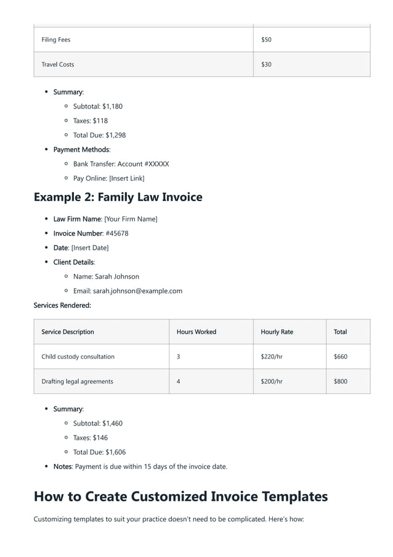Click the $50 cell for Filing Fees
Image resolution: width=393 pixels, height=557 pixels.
pyautogui.click(x=266, y=39)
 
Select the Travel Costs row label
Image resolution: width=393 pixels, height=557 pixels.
pyautogui.click(x=57, y=64)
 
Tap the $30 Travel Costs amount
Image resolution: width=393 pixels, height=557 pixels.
pyautogui.click(x=266, y=64)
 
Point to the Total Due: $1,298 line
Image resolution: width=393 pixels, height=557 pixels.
pyautogui.click(x=99, y=135)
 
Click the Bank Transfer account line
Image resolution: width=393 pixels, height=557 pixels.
pyautogui.click(x=121, y=164)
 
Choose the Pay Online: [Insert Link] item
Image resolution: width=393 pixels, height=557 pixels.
pyautogui.click(x=108, y=178)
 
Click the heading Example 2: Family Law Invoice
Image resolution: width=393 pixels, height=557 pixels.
pyautogui.click(x=118, y=197)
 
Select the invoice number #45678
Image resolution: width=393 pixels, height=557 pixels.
pyautogui.click(x=117, y=233)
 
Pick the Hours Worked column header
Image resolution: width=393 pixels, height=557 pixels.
pyautogui.click(x=197, y=332)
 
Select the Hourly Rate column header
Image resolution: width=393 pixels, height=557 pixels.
pyautogui.click(x=277, y=332)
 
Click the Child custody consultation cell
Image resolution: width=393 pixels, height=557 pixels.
pyautogui.click(x=78, y=357)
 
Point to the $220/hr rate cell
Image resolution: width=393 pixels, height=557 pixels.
pyautogui.click(x=272, y=357)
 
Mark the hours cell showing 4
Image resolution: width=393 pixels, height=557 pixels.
pyautogui.click(x=179, y=381)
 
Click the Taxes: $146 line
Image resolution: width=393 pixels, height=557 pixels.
pyautogui.click(x=91, y=437)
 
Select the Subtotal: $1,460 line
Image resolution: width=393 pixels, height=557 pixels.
pyautogui.click(x=97, y=423)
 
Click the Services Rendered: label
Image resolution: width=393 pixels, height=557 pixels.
pyautogui.click(x=62, y=305)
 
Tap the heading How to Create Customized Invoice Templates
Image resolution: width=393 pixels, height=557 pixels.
pyautogui.click(x=180, y=496)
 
